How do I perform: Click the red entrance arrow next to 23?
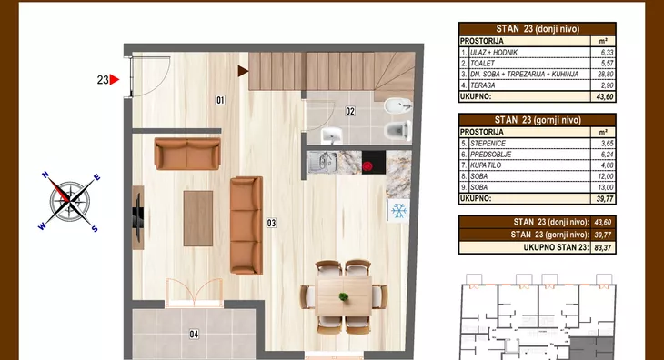point(114,79)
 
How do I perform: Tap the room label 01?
point(220,100)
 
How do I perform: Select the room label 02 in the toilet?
point(350,111)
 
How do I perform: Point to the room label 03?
point(271,223)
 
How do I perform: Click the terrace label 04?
point(194,335)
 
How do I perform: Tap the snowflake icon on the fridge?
point(399,211)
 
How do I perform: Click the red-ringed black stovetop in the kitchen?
point(374,163)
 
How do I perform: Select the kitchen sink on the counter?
point(322,163)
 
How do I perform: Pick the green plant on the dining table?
point(344,296)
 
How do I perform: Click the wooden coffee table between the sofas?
point(198,218)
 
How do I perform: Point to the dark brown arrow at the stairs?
point(243,71)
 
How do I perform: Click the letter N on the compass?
point(45,175)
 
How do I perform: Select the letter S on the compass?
point(95,229)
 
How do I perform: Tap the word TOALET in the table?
point(482,63)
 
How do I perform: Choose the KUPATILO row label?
point(486,165)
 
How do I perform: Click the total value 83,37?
point(602,247)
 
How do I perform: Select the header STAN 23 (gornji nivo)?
point(538,120)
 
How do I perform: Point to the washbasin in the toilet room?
point(332,135)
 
